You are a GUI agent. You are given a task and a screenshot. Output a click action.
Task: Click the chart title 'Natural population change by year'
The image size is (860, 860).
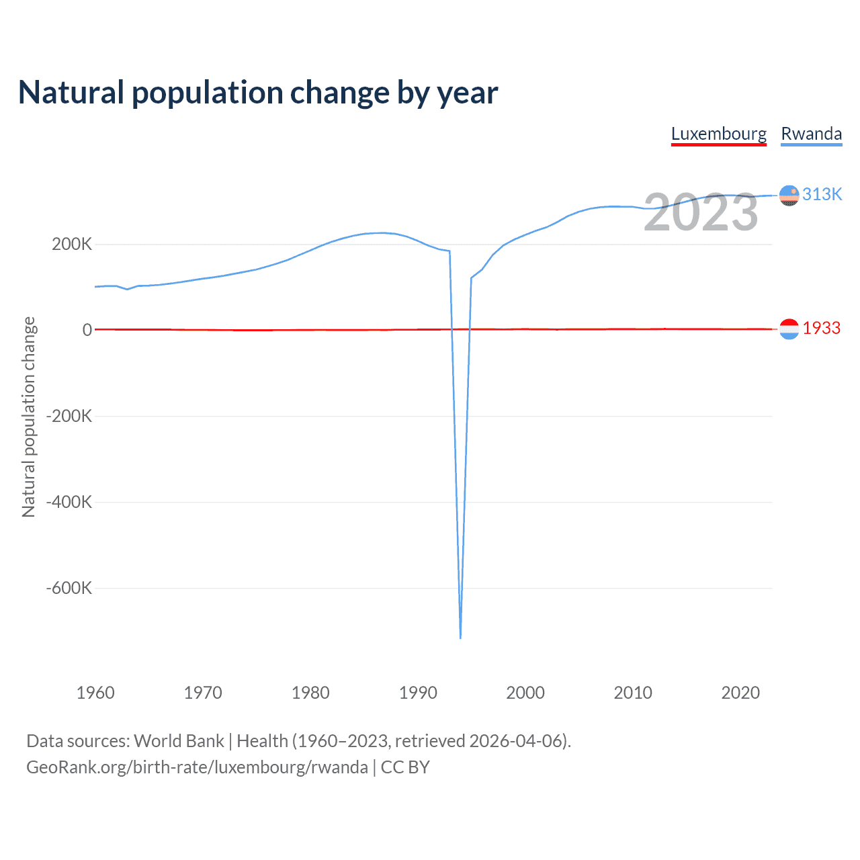[x=258, y=93]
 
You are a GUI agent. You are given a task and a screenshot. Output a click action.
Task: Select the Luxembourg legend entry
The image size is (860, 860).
[x=718, y=134]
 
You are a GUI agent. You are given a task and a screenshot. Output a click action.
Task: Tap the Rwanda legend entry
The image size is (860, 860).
[x=811, y=134]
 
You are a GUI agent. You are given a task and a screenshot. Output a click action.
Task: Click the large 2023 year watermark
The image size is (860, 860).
[x=701, y=212]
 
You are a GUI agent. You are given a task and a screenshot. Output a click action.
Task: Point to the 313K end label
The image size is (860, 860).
[x=822, y=194]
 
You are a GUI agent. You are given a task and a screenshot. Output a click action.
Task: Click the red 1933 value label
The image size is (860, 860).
[x=821, y=328]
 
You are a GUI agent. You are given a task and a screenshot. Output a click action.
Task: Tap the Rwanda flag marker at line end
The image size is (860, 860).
[x=789, y=196]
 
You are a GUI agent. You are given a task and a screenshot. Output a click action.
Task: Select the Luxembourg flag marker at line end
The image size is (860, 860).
[x=789, y=329]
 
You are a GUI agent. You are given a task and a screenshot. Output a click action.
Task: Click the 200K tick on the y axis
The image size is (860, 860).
[x=72, y=244]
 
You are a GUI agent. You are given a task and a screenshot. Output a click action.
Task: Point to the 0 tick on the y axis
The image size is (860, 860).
[x=87, y=330]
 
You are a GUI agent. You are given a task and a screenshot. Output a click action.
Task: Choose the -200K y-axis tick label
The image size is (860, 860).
[x=69, y=416]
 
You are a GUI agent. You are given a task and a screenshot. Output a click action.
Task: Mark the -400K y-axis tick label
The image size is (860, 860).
[x=69, y=502]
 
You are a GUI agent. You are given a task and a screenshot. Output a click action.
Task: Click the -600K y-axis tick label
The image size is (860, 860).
[x=69, y=588]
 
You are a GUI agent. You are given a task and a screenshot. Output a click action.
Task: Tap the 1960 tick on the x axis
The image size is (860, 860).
[x=95, y=693]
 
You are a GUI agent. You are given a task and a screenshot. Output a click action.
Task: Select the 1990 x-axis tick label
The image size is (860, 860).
[x=418, y=693]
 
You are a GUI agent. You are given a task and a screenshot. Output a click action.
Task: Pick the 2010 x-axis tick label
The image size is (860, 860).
[x=633, y=693]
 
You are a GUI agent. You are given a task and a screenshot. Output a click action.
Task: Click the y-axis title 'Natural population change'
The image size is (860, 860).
[x=28, y=417]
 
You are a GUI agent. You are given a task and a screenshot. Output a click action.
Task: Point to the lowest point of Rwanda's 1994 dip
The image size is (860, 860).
[x=460, y=637]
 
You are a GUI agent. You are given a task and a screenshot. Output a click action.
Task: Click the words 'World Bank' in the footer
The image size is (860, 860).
[x=179, y=741]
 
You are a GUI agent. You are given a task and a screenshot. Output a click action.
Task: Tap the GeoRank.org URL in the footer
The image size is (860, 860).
[x=197, y=767]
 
